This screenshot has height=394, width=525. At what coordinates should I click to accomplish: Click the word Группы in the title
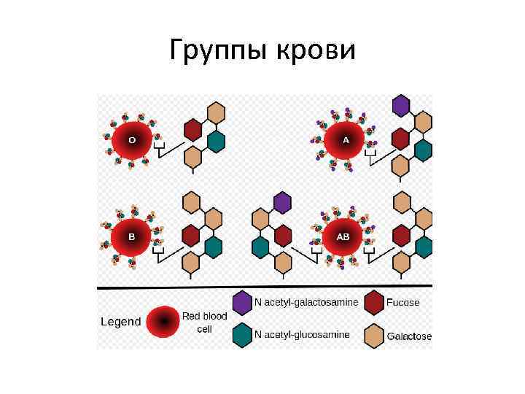219,50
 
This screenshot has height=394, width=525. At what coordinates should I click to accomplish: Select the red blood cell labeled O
132,139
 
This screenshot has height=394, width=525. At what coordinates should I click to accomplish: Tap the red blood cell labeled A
345,139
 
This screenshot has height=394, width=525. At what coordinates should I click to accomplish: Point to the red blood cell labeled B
132,237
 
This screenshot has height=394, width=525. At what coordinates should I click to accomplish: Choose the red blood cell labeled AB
343,237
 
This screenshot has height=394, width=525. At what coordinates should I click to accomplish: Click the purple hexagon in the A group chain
400,106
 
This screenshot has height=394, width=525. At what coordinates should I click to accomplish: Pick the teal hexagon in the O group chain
215,140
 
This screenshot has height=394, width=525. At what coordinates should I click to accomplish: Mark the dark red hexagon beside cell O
192,130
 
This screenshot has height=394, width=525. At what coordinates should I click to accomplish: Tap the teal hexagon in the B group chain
213,247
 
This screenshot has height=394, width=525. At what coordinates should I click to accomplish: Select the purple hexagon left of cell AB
282,202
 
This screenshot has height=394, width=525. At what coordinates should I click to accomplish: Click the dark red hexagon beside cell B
191,236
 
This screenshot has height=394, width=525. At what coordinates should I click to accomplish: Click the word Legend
120,322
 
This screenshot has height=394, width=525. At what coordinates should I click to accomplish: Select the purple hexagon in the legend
242,302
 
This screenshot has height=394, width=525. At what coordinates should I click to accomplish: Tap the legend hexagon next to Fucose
374,302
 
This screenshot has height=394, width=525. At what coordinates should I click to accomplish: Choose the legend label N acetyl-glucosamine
302,335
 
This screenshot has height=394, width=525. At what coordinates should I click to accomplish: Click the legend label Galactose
409,336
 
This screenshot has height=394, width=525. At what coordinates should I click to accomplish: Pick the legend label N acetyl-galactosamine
306,302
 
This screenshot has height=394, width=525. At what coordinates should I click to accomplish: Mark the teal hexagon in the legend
242,335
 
